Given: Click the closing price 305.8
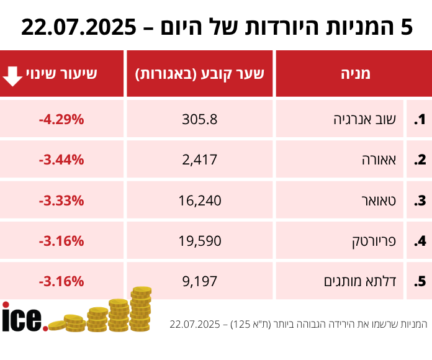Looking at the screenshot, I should point(199,119).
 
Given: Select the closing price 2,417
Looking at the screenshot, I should point(199,160).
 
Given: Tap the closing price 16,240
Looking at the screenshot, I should point(199,200).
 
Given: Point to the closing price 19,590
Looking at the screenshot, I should point(199,240).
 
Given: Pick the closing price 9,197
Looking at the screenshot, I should point(199,281).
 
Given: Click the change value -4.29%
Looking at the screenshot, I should point(61,119).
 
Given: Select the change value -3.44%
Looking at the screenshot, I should point(61,160).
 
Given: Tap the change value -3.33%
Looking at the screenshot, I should point(61,200).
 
